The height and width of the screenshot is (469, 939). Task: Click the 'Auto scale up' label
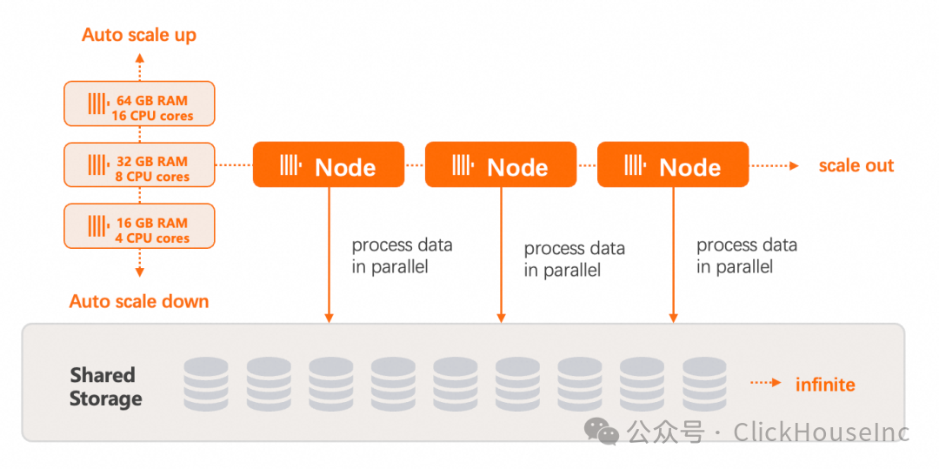(139, 36)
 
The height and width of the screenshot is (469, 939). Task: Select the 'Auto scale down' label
(139, 301)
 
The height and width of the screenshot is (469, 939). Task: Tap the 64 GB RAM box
(139, 104)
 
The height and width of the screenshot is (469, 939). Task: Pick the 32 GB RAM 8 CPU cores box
(139, 164)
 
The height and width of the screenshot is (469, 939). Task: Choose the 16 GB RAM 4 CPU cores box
(139, 226)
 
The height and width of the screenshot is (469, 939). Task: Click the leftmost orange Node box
(328, 164)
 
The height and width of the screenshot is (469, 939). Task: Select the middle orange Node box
(501, 164)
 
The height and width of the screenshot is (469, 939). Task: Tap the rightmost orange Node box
(673, 164)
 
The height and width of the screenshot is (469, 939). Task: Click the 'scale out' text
(856, 165)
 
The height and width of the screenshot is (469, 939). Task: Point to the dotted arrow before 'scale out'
(774, 165)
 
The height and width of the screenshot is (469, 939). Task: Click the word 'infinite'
(825, 384)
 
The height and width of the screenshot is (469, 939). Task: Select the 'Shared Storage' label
(106, 387)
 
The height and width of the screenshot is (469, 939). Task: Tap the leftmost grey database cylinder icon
(206, 384)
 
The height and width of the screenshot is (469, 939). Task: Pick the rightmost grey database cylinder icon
(704, 384)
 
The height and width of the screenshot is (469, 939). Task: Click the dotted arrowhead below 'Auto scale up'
(139, 57)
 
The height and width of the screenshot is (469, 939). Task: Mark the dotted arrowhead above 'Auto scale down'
(139, 272)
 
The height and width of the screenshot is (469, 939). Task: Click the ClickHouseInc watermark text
(822, 432)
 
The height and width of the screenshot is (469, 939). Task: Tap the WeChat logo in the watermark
(602, 432)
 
